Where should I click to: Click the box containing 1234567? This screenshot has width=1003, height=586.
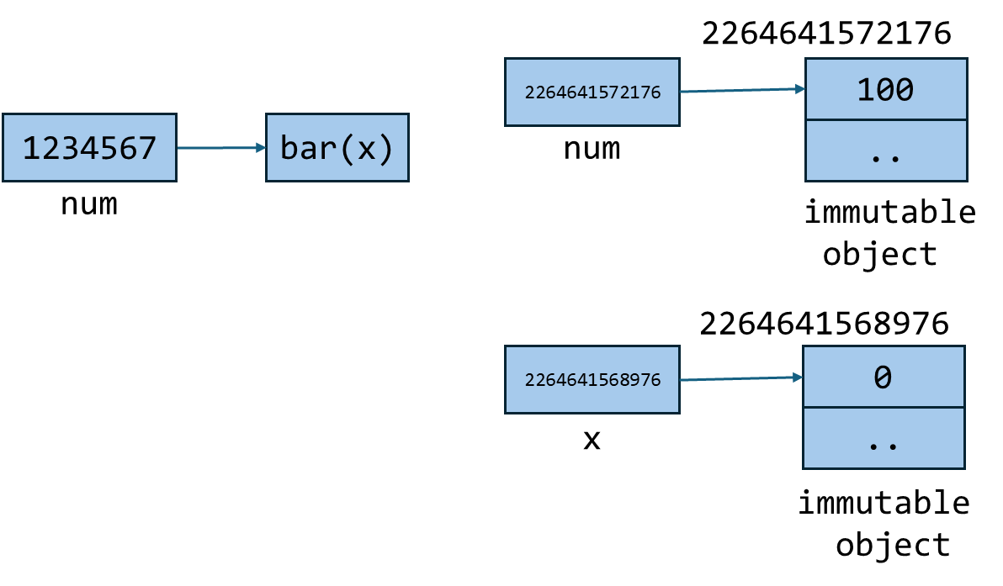[x=89, y=148]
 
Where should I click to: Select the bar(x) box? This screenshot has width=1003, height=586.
[x=337, y=148]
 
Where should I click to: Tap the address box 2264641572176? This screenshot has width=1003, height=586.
[x=592, y=92]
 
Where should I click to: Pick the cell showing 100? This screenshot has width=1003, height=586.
[x=885, y=90]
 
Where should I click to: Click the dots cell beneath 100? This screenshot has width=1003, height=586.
[x=885, y=151]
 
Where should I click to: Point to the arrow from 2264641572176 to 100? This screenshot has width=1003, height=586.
[x=740, y=90]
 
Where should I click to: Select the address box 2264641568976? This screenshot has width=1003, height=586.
[x=592, y=380]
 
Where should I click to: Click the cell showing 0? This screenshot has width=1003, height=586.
[x=883, y=377]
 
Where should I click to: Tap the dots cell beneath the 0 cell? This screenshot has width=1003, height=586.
[x=883, y=439]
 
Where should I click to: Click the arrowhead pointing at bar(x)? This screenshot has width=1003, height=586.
[x=261, y=148]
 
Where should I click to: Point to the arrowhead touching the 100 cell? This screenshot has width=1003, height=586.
[x=800, y=88]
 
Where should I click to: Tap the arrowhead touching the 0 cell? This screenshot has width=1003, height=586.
[x=798, y=378]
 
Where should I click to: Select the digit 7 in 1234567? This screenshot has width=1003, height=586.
[x=147, y=149]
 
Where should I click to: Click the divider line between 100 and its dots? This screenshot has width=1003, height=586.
[x=885, y=120]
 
